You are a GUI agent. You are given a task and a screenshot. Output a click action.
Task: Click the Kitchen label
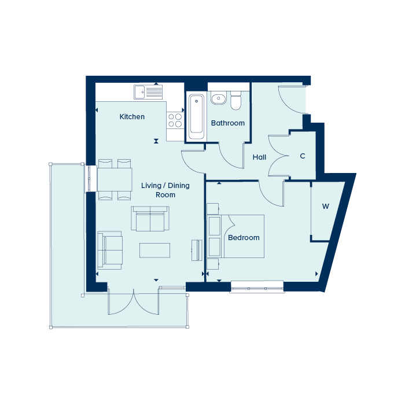132,117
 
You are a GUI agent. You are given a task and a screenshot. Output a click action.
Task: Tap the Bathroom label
228,123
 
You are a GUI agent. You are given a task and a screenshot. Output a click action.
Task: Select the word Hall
259,157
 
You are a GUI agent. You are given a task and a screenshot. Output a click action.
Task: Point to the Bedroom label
244,238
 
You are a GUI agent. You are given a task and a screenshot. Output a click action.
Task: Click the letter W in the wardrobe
325,207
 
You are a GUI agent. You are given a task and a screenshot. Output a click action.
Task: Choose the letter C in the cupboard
303,156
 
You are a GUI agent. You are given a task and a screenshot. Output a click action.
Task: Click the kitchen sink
148,92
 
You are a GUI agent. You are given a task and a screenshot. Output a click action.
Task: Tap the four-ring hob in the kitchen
175,120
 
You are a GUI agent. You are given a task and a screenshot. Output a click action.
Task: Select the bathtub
196,117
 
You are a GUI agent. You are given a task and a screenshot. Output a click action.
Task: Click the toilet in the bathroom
235,100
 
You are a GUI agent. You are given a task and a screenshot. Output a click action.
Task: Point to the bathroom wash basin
218,98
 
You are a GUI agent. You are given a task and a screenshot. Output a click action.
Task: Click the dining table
115,179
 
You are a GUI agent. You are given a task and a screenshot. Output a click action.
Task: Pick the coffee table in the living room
154,251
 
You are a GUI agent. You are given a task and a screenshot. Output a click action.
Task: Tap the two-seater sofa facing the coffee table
150,219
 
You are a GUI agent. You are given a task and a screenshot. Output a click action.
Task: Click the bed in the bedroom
235,236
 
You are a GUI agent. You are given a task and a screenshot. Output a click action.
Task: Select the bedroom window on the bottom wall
257,287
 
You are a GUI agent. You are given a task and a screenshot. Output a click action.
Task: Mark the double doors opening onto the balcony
133,301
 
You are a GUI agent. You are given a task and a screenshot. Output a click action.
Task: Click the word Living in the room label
151,186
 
